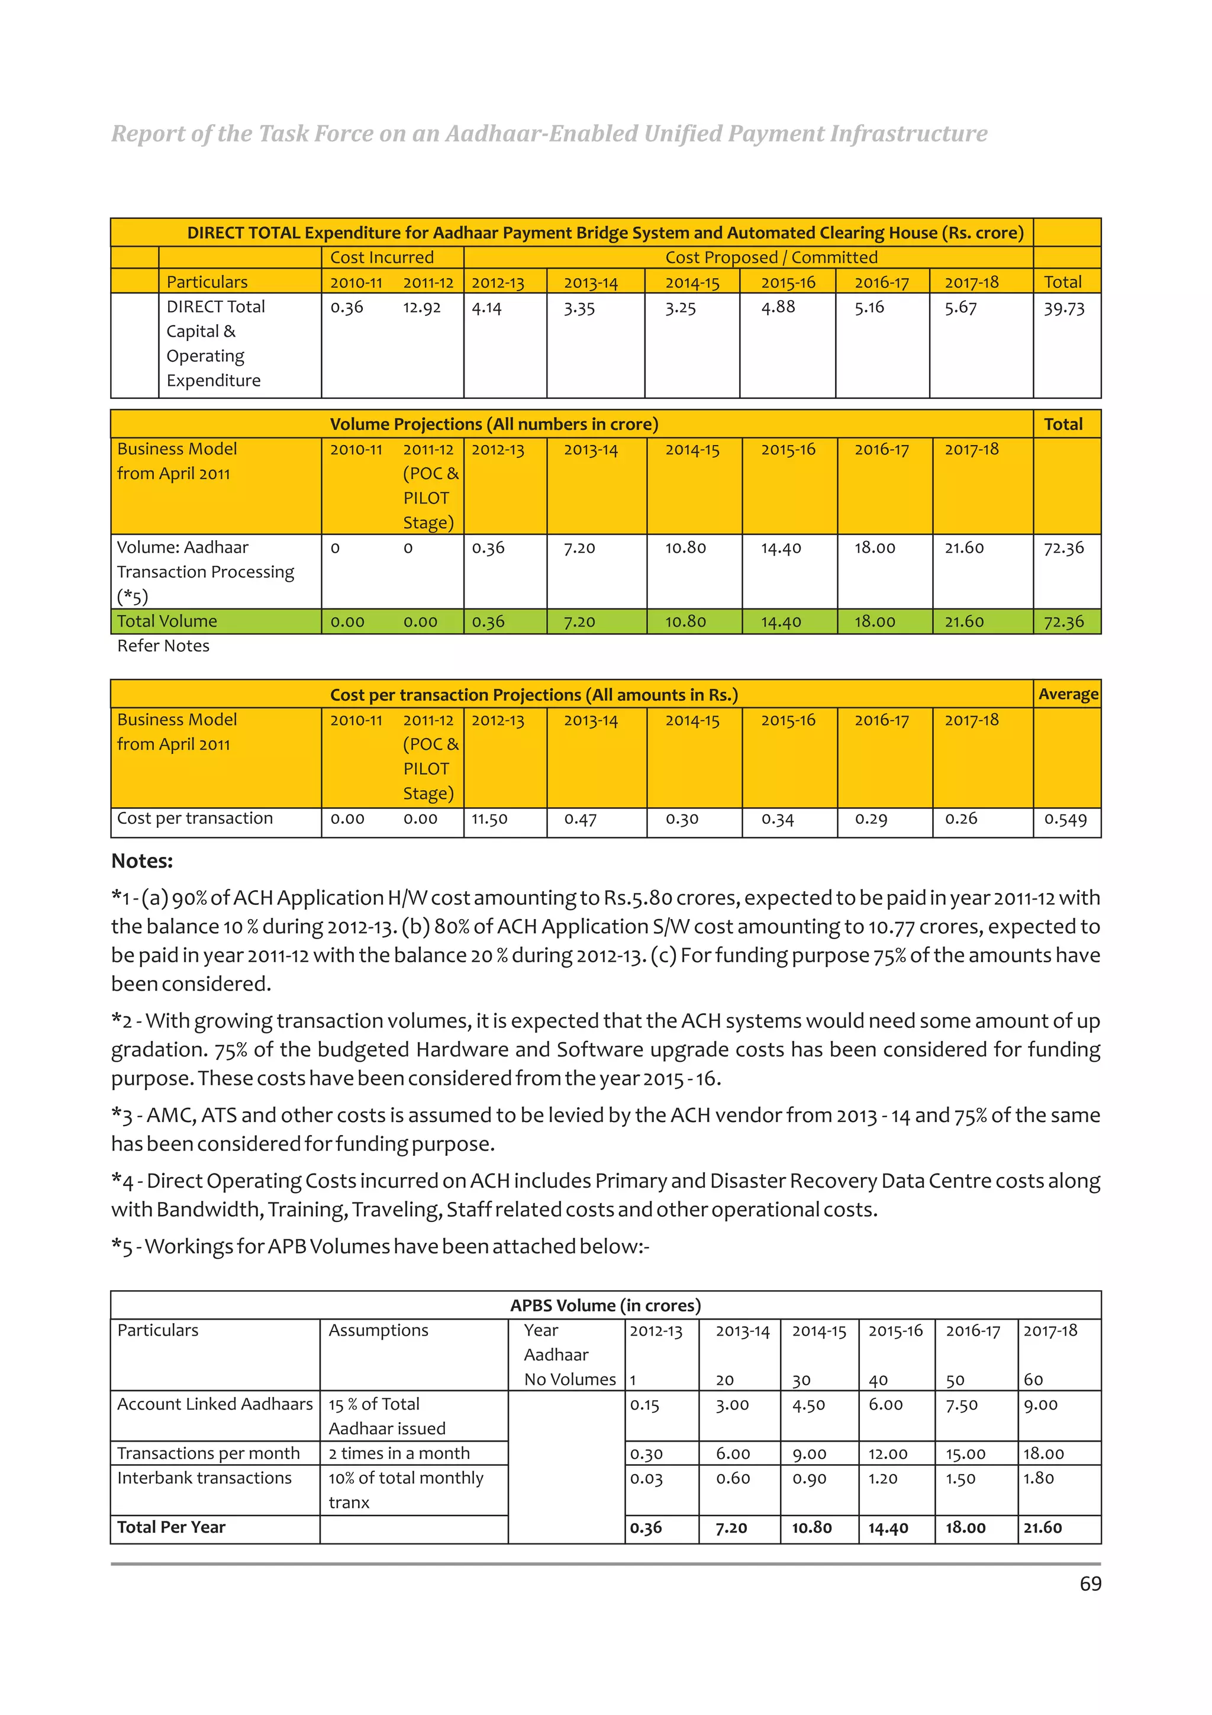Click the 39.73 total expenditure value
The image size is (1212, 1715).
(x=1063, y=308)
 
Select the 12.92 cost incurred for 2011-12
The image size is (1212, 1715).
(x=422, y=307)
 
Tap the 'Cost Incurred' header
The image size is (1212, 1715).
(x=382, y=257)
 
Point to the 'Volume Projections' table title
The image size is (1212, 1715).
(x=494, y=424)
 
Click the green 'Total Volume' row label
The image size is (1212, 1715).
(x=167, y=621)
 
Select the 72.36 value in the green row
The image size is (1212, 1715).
(x=1063, y=621)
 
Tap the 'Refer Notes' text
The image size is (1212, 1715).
(x=163, y=646)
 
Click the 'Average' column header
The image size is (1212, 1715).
(x=1068, y=694)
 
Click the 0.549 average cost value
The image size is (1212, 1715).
(x=1065, y=820)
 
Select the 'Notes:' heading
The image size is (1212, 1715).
(x=142, y=861)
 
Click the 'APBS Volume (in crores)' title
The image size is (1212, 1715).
(x=605, y=1305)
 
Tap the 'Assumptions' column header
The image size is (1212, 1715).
(x=379, y=1330)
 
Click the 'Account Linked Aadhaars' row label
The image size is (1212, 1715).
(x=215, y=1404)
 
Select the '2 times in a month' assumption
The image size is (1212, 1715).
(x=399, y=1453)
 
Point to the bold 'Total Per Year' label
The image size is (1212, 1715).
(x=171, y=1527)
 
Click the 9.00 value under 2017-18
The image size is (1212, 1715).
(x=1040, y=1405)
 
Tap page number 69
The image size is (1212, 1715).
(x=1090, y=1584)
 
